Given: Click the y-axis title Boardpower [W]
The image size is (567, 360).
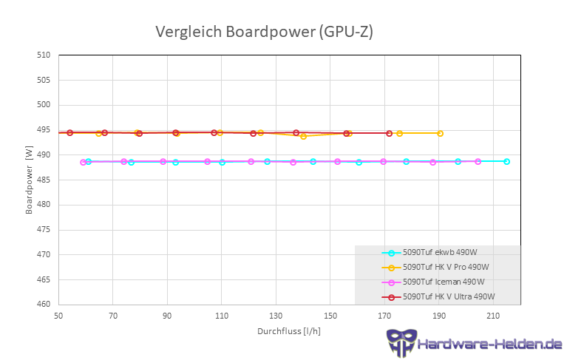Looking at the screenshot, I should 29,180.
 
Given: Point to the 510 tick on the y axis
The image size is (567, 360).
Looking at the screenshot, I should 44,55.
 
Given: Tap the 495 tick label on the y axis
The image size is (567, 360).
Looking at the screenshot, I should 44,129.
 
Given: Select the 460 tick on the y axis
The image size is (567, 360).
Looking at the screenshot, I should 44,304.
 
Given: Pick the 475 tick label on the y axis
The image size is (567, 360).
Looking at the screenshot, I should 44,229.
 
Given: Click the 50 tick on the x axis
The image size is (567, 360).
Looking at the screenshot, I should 58,316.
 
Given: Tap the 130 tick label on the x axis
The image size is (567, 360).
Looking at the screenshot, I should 276,316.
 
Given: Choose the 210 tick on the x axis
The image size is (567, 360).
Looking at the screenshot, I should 493,316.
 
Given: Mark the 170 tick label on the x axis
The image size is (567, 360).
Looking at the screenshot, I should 384,316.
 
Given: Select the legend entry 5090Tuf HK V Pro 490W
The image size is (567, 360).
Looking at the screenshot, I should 446,267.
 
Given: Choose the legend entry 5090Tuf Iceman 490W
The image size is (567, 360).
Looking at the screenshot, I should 444,282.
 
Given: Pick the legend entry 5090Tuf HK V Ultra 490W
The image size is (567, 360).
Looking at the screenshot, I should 448,296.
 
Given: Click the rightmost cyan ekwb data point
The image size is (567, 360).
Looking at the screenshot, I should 506,161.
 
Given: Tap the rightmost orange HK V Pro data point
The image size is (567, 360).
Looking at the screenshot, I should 440,133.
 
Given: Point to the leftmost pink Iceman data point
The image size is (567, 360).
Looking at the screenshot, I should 83,162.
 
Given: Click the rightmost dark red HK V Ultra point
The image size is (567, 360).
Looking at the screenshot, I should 389,133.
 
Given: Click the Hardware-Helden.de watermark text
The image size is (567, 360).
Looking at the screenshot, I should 489,344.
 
